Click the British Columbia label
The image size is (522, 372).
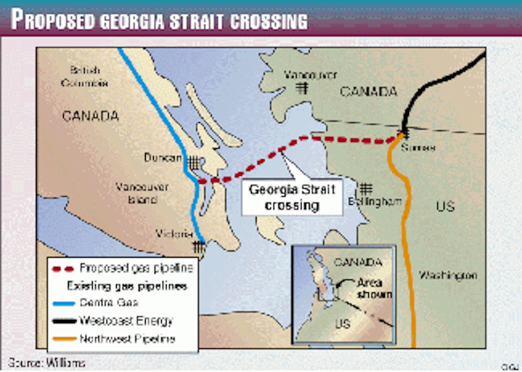[88, 77]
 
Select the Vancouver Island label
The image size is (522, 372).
[142, 193]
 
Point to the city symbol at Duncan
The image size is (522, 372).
[194, 161]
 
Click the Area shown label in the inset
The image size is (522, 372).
[373, 289]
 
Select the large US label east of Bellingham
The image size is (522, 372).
[445, 206]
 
